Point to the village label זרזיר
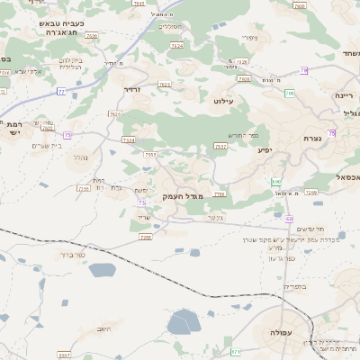pyautogui.click(x=132, y=90)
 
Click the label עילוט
pyautogui.click(x=223, y=102)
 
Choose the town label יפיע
pyautogui.click(x=264, y=149)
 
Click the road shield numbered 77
pyautogui.click(x=61, y=92)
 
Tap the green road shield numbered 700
pyautogui.click(x=289, y=93)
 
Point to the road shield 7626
pyautogui.click(x=92, y=37)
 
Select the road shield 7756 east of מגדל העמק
pyautogui.click(x=219, y=193)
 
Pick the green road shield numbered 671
pyautogui.click(x=236, y=351)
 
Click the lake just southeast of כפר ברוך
pyautogui.click(x=102, y=270)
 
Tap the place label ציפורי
pyautogui.click(x=251, y=38)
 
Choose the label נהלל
pyautogui.click(x=79, y=157)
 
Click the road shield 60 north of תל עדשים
pyautogui.click(x=289, y=219)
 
